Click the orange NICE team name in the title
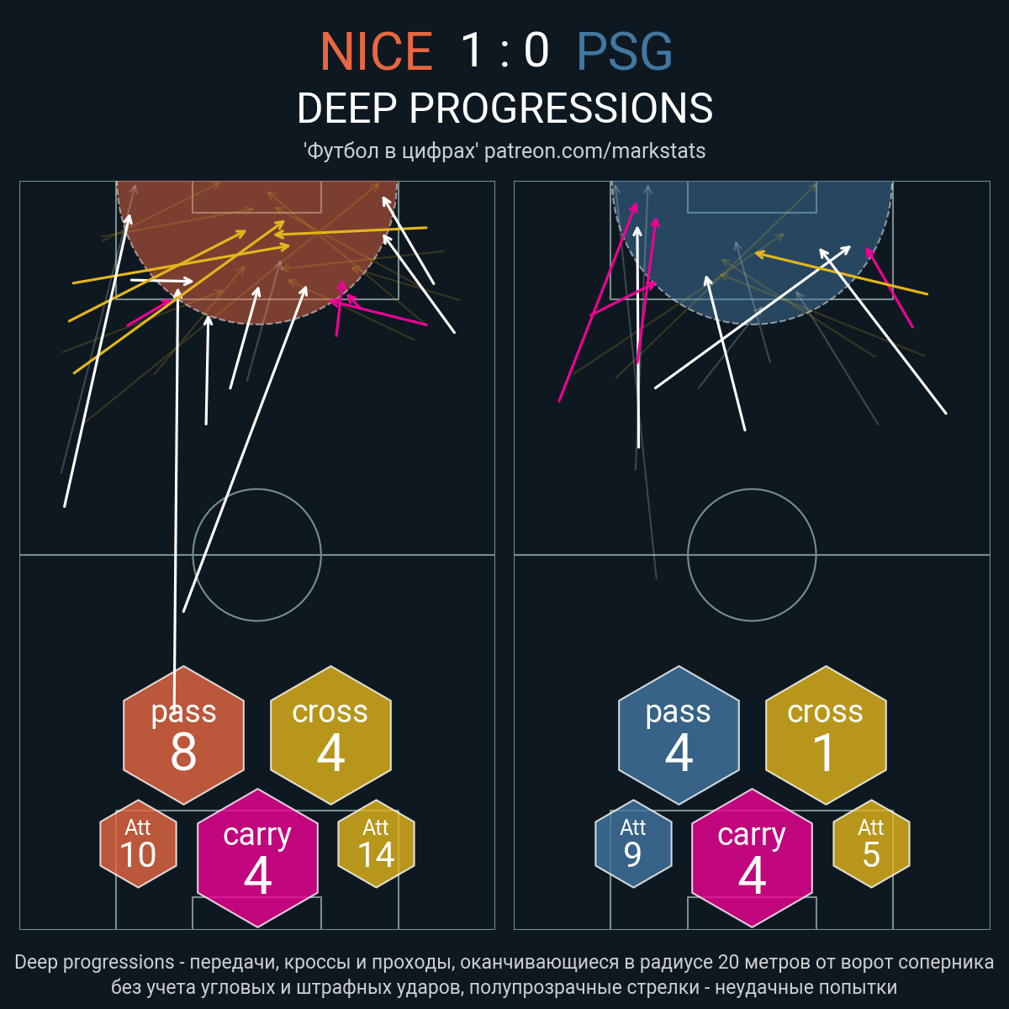coord(377,50)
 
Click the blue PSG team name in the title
coord(624,50)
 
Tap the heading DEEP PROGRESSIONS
coord(504,108)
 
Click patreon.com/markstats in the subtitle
coord(594,151)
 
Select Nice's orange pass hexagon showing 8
coord(183,735)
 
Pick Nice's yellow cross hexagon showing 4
coord(330,735)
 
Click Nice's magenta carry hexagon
coord(257,858)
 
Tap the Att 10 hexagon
coord(138,843)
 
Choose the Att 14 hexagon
coord(376,843)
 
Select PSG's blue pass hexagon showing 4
coord(679,735)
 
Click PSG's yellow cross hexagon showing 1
coord(826,735)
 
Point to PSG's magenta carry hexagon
coord(752,858)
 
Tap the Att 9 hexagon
coord(633,843)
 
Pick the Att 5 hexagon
coord(871,843)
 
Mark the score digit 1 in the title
coord(473,50)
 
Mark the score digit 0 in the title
coord(536,50)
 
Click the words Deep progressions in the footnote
coord(94,962)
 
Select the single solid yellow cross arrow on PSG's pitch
coord(842,273)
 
